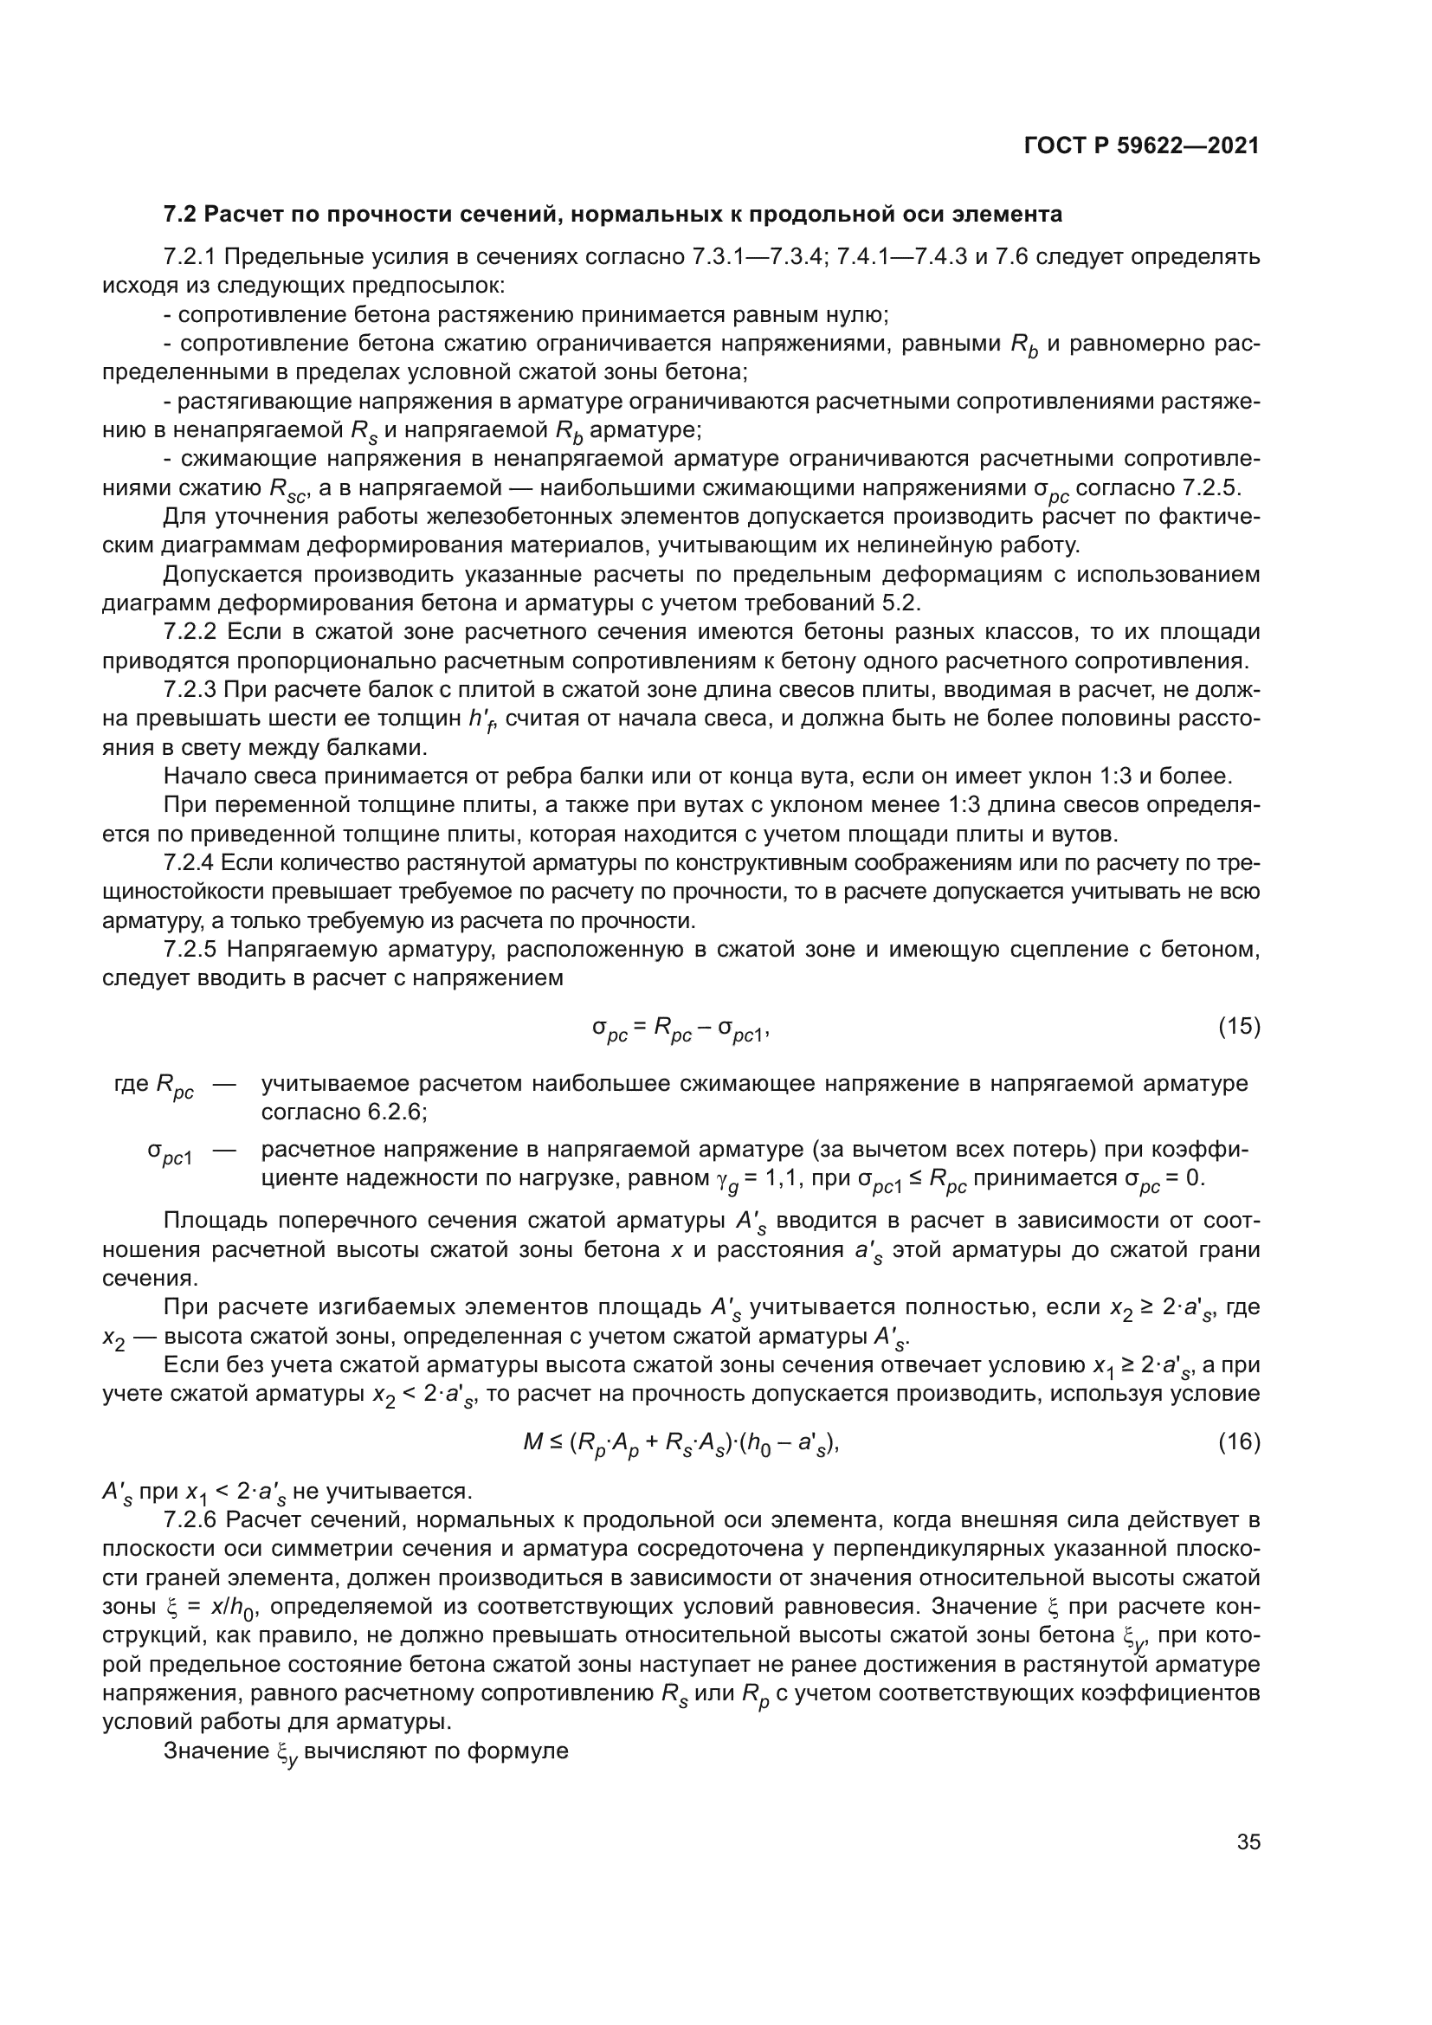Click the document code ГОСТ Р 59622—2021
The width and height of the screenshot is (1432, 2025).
tap(1141, 146)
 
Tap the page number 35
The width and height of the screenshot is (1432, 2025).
tap(1248, 1842)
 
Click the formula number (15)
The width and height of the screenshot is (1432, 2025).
tap(1239, 1027)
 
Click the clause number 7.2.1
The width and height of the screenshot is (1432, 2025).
tap(190, 257)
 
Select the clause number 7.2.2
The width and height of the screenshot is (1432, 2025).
tap(190, 632)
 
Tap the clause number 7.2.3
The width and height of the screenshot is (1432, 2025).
tap(190, 691)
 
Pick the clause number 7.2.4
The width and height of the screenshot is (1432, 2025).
tap(189, 862)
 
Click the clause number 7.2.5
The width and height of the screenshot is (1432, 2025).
tap(190, 950)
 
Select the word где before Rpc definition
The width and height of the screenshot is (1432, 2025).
tap(132, 1084)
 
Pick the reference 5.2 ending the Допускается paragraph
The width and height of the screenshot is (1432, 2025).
tap(904, 604)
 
